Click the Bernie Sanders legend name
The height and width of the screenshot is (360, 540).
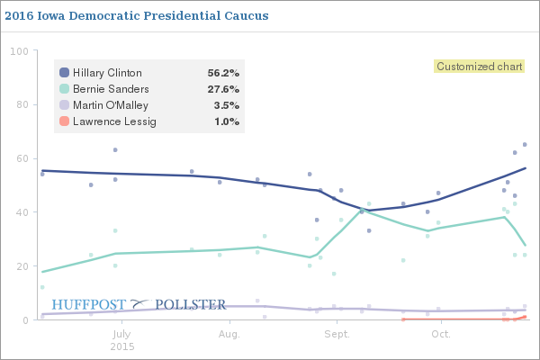111,89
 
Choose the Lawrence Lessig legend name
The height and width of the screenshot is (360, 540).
113,121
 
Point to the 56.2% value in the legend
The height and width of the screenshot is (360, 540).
223,73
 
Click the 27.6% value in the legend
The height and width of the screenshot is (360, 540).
223,89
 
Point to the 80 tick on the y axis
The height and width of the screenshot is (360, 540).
21,104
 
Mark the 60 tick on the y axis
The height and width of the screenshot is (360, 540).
21,158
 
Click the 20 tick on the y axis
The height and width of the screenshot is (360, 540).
21,266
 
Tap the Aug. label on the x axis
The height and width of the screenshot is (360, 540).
229,334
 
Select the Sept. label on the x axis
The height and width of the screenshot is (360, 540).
337,334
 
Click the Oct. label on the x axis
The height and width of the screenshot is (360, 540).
440,334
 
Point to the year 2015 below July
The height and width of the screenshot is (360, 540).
122,346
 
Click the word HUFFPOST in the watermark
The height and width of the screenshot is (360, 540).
88,304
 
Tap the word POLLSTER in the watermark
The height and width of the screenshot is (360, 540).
191,304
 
